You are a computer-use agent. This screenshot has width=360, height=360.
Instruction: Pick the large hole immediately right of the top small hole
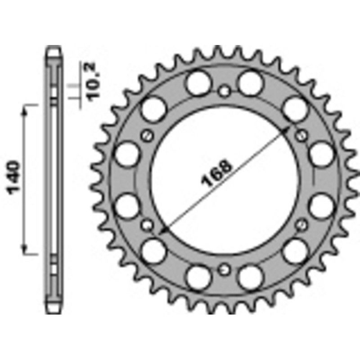click(251, 83)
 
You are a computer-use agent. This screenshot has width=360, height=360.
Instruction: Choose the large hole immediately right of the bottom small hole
click(251, 277)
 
